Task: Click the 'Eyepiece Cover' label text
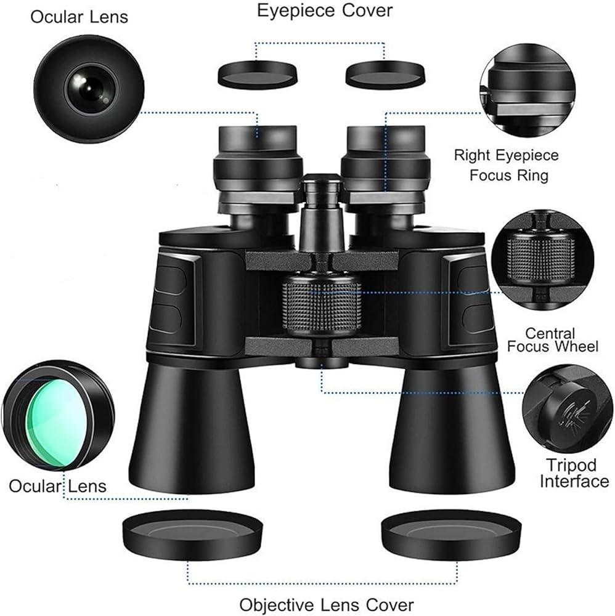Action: (x=325, y=10)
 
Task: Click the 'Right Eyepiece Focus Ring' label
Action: (x=507, y=164)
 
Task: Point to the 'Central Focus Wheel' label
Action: (x=552, y=340)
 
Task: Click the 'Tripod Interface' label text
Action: (x=574, y=473)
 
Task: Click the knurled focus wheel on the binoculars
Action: (x=322, y=304)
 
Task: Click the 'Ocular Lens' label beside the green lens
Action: (x=57, y=485)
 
